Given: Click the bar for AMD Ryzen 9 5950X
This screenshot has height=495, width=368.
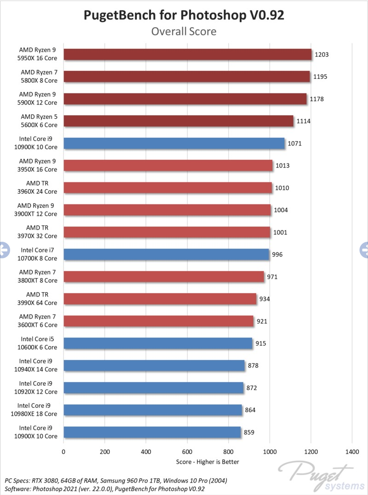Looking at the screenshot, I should (x=187, y=54).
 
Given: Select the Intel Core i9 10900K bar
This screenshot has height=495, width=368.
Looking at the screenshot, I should (x=174, y=143).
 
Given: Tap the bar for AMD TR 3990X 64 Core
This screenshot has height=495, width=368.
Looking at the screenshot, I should (x=160, y=299).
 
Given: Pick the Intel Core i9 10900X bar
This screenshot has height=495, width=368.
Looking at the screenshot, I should (x=152, y=432).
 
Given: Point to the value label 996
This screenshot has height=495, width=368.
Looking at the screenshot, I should (x=277, y=254).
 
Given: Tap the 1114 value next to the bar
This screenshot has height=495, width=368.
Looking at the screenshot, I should (x=302, y=121).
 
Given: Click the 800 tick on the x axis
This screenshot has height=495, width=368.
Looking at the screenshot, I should (x=229, y=452).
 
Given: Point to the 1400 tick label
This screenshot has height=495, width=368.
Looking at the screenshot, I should (x=352, y=452).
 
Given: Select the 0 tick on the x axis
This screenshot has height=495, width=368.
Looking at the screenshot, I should (x=63, y=452).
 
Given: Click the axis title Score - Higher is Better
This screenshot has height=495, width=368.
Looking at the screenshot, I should (x=207, y=461).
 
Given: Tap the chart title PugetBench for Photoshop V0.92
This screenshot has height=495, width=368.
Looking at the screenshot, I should (x=184, y=15).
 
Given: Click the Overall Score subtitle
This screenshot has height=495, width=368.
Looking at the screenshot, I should (x=184, y=31).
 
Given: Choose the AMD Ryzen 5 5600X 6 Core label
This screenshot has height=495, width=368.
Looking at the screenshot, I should (x=39, y=121).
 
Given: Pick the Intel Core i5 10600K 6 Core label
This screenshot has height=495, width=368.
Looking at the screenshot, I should (x=38, y=343).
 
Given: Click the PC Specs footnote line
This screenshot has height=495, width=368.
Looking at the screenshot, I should (x=116, y=480).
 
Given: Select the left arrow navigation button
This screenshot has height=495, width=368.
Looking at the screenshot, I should (x=4, y=250).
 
